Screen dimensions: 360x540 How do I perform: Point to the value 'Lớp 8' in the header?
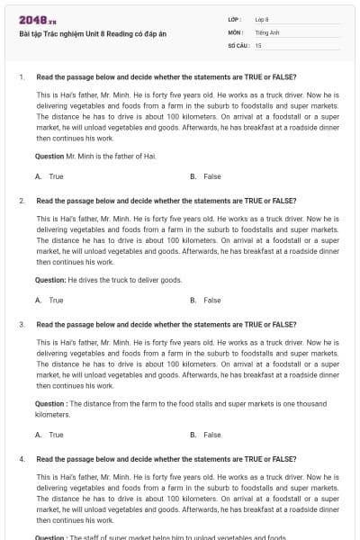[x=263, y=19]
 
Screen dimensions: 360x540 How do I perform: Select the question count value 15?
[x=258, y=44]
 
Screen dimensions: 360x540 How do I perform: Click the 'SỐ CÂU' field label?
[x=237, y=44]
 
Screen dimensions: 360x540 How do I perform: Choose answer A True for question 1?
[x=55, y=176]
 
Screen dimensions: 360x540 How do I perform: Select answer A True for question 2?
[x=55, y=300]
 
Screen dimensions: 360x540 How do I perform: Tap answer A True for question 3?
[x=55, y=435]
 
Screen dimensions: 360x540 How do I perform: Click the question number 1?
[x=21, y=76]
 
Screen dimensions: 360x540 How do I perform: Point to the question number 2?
[x=21, y=201]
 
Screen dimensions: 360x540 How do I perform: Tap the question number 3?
[x=21, y=324]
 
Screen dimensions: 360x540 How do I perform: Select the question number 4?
[x=21, y=459]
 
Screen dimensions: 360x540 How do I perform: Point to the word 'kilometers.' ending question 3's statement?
[x=52, y=415]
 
